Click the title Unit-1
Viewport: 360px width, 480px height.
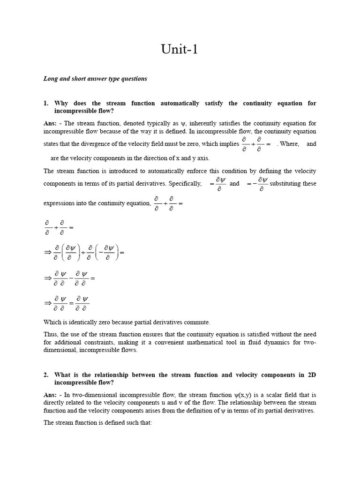pos(180,49)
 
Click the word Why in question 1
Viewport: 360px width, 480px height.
pos(62,103)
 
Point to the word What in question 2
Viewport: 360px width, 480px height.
pos(63,375)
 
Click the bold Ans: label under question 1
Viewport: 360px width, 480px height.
pos(50,123)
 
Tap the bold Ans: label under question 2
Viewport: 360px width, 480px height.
pos(50,395)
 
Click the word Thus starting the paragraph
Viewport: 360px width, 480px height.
pos(51,334)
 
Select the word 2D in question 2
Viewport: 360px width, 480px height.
pos(312,375)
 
